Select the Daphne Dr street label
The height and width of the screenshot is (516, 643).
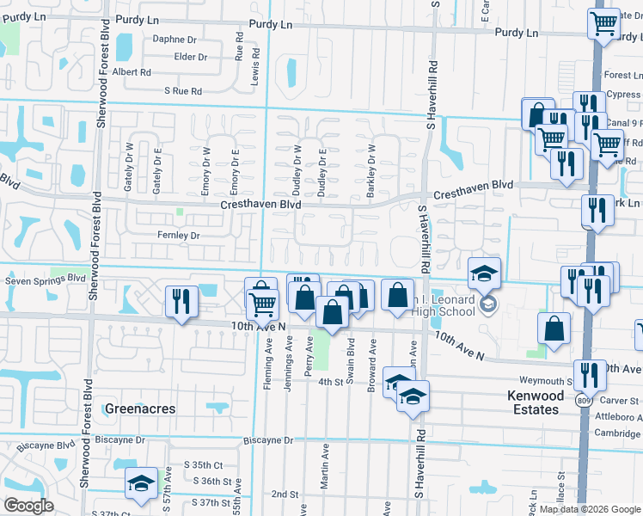point(175,39)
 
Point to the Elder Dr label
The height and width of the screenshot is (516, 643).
point(190,57)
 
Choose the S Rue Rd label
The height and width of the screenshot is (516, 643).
point(183,90)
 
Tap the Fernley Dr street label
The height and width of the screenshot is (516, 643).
point(178,235)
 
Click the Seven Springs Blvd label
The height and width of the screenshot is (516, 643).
point(46,280)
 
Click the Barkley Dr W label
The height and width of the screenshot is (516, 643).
point(371,171)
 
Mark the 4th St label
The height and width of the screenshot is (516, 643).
point(331,381)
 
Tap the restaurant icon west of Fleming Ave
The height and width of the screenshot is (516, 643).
point(181,300)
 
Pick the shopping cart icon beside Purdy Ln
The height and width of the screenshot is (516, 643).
point(604,22)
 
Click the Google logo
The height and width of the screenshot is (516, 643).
point(28,506)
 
